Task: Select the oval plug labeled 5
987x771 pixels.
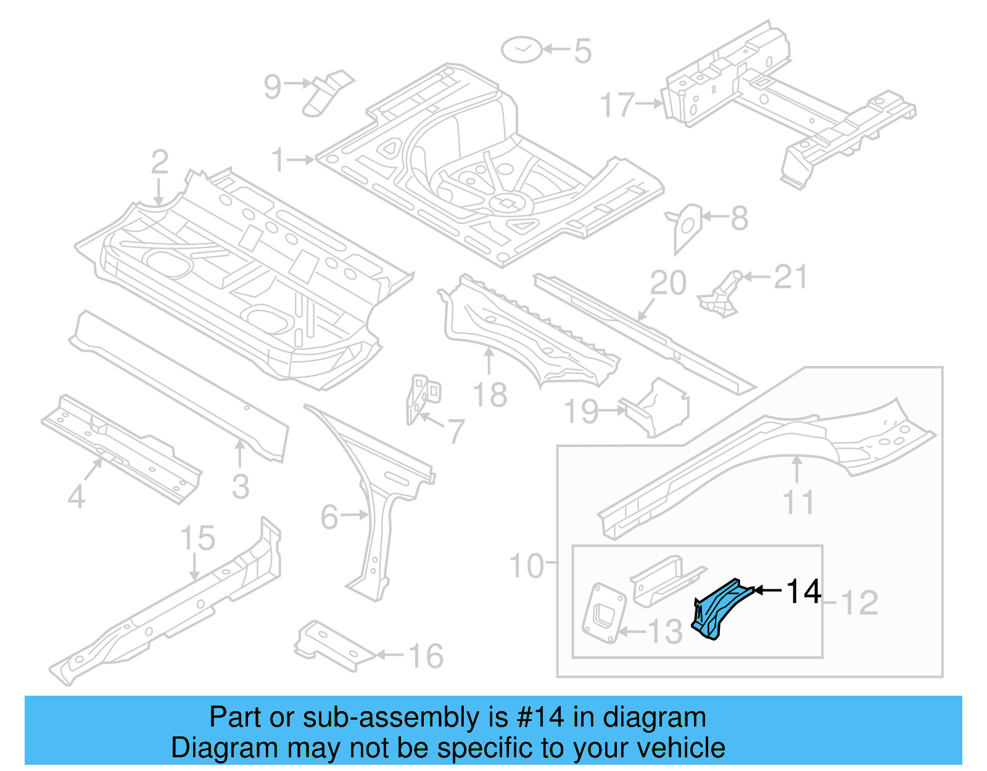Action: click(x=522, y=49)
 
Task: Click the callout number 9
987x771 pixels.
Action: click(x=272, y=87)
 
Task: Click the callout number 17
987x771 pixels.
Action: click(x=617, y=105)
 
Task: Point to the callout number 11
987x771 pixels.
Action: click(x=799, y=502)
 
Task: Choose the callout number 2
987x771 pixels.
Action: click(x=159, y=162)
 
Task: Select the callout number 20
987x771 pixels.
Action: click(x=668, y=283)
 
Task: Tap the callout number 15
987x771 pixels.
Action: click(x=197, y=538)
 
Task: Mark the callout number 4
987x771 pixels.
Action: click(x=76, y=497)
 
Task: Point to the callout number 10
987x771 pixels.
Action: click(x=526, y=566)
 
